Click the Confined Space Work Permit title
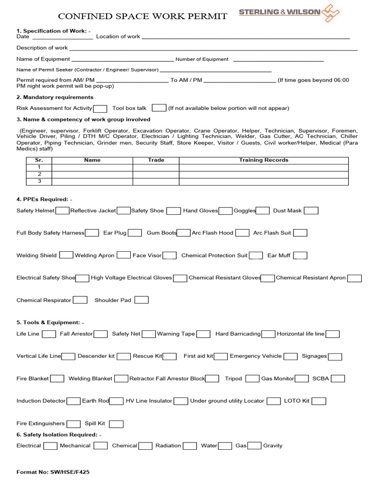point(142,17)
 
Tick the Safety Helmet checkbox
point(62,210)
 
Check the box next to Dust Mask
point(311,210)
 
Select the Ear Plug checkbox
point(135,233)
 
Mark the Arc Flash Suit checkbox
point(300,233)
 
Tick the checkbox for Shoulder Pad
point(141,300)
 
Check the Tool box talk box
point(159,108)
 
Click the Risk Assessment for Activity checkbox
point(100,108)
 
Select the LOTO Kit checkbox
point(319,401)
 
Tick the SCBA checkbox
point(338,379)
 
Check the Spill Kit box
point(116,424)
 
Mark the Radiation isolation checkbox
point(190,446)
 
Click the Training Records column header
point(263,160)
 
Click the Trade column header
point(156,160)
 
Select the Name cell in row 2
point(92,175)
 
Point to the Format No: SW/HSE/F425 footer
point(53,472)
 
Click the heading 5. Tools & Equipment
point(50,323)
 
